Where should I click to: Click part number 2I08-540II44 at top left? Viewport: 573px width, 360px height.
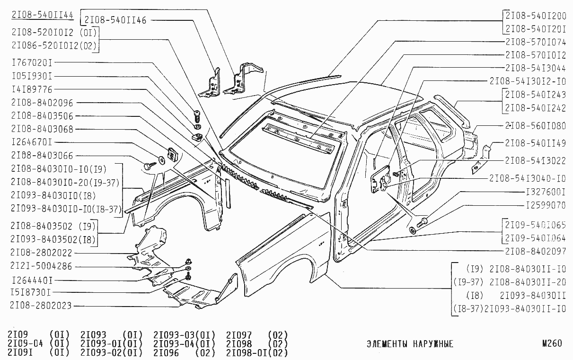click(x=42, y=15)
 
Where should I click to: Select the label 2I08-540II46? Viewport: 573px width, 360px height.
click(x=115, y=20)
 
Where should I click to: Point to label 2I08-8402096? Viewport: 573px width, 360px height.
click(x=42, y=103)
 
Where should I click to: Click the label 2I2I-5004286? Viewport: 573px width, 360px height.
click(x=42, y=266)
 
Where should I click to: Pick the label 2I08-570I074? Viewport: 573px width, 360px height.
click(x=535, y=42)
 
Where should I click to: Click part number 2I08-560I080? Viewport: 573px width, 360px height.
click(x=535, y=126)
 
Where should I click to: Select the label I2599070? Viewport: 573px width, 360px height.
click(x=546, y=206)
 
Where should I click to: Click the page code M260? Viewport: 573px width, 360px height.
click(x=553, y=344)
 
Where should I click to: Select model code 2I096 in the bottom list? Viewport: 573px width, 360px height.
click(x=167, y=352)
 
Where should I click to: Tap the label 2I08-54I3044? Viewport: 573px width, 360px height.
click(x=535, y=68)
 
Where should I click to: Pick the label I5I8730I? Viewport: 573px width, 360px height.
click(x=32, y=292)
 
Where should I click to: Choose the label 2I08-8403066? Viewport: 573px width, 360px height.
click(x=42, y=155)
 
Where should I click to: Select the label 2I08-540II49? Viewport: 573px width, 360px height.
click(x=535, y=143)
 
